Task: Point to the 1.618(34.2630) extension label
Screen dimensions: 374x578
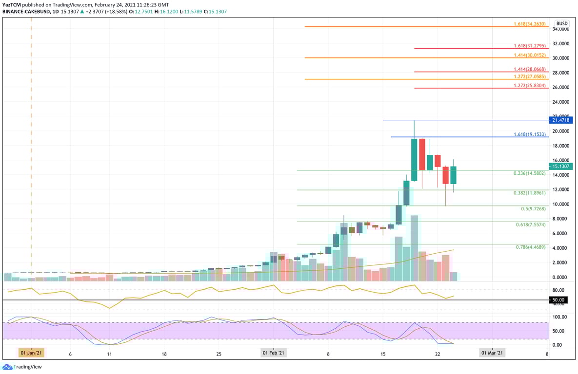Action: pyautogui.click(x=531, y=23)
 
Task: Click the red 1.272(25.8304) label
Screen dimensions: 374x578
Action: pyautogui.click(x=531, y=85)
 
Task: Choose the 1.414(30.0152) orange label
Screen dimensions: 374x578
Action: pyautogui.click(x=531, y=55)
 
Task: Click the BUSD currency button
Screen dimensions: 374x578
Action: pyautogui.click(x=562, y=23)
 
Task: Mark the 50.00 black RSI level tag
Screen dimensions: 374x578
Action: pyautogui.click(x=558, y=300)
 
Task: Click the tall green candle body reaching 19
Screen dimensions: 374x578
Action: pyautogui.click(x=414, y=160)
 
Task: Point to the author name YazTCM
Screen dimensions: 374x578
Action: pyautogui.click(x=12, y=5)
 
